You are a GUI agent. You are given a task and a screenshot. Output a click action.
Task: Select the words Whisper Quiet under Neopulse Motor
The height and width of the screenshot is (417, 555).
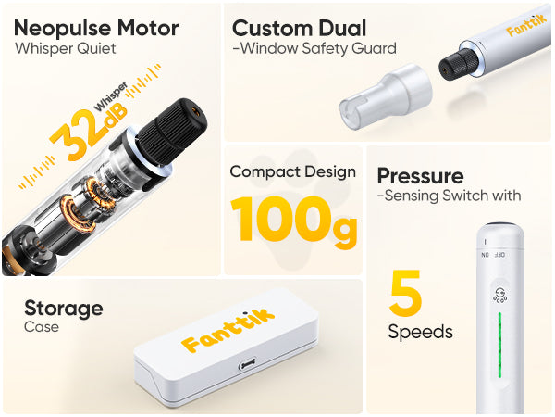66,49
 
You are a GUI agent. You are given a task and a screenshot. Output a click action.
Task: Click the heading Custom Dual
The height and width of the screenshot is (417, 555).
299,28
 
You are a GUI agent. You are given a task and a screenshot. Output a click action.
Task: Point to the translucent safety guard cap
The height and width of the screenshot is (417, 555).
386,96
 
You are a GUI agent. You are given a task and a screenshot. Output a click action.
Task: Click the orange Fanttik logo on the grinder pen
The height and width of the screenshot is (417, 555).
526,25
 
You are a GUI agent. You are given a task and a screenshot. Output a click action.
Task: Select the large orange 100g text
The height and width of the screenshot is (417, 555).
294,221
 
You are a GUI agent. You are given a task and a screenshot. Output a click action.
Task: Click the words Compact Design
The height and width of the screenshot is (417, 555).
292,171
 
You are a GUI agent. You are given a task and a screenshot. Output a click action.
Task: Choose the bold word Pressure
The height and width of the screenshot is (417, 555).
420,176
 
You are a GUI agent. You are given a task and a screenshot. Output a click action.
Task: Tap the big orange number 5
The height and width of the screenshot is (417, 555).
406,293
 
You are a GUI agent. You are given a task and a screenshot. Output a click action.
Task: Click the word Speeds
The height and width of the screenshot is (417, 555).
420,332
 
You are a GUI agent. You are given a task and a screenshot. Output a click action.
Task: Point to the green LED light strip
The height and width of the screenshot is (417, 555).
499,345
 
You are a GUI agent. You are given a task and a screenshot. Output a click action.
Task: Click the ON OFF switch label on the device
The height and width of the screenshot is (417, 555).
493,255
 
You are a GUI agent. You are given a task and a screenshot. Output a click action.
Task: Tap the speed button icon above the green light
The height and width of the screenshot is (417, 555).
499,295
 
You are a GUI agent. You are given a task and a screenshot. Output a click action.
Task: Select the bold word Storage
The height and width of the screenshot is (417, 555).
64,309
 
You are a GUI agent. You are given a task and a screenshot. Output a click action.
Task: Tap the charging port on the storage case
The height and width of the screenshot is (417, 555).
247,363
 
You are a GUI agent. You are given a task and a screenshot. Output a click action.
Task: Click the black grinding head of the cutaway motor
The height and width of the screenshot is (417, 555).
173,131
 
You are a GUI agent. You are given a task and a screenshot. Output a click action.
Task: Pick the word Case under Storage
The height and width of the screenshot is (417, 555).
42,327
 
